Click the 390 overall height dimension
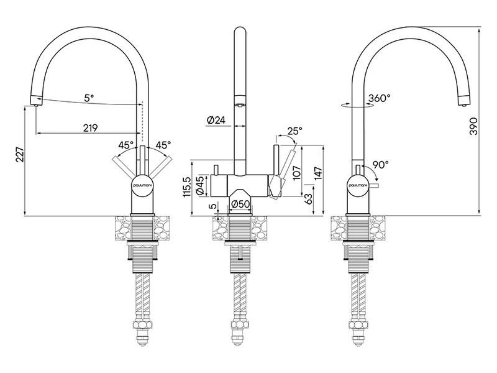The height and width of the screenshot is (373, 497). click(x=473, y=126)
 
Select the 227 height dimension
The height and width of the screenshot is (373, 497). click(x=20, y=154)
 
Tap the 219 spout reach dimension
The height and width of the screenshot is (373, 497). click(x=90, y=128)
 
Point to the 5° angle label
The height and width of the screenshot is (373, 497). click(x=89, y=98)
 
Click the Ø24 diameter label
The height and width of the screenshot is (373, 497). click(x=216, y=120)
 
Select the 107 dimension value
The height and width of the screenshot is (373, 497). click(x=297, y=173)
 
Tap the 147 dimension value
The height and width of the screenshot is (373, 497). click(x=318, y=173)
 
